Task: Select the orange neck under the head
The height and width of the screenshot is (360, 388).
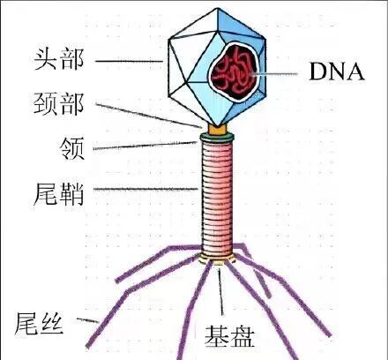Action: [x=217, y=127]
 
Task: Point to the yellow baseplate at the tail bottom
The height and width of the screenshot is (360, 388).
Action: [x=218, y=259]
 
